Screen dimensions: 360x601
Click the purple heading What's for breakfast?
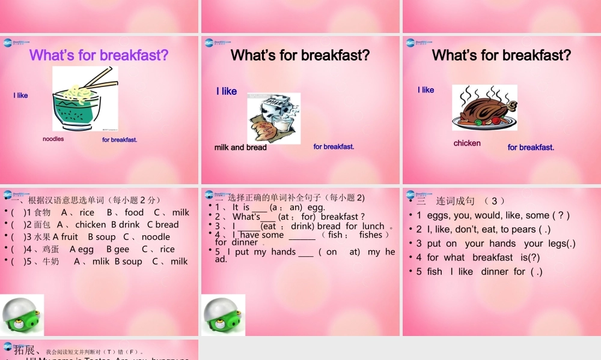[99, 56]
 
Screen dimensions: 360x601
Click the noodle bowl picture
[85, 99]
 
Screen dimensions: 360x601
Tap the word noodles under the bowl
[53, 139]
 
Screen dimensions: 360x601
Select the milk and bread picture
[273, 118]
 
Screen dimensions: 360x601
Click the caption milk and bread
[240, 148]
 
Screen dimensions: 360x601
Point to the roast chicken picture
[484, 108]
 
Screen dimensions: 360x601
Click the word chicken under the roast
[467, 143]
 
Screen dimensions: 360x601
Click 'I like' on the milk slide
[227, 91]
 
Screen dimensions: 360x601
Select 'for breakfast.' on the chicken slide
[531, 148]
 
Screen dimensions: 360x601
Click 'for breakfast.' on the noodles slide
[120, 140]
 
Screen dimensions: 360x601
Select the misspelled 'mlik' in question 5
[101, 262]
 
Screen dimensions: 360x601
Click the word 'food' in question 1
[134, 212]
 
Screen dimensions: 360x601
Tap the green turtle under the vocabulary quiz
[22, 314]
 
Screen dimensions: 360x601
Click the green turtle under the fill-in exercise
[223, 314]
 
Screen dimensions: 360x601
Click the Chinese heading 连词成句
[456, 201]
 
